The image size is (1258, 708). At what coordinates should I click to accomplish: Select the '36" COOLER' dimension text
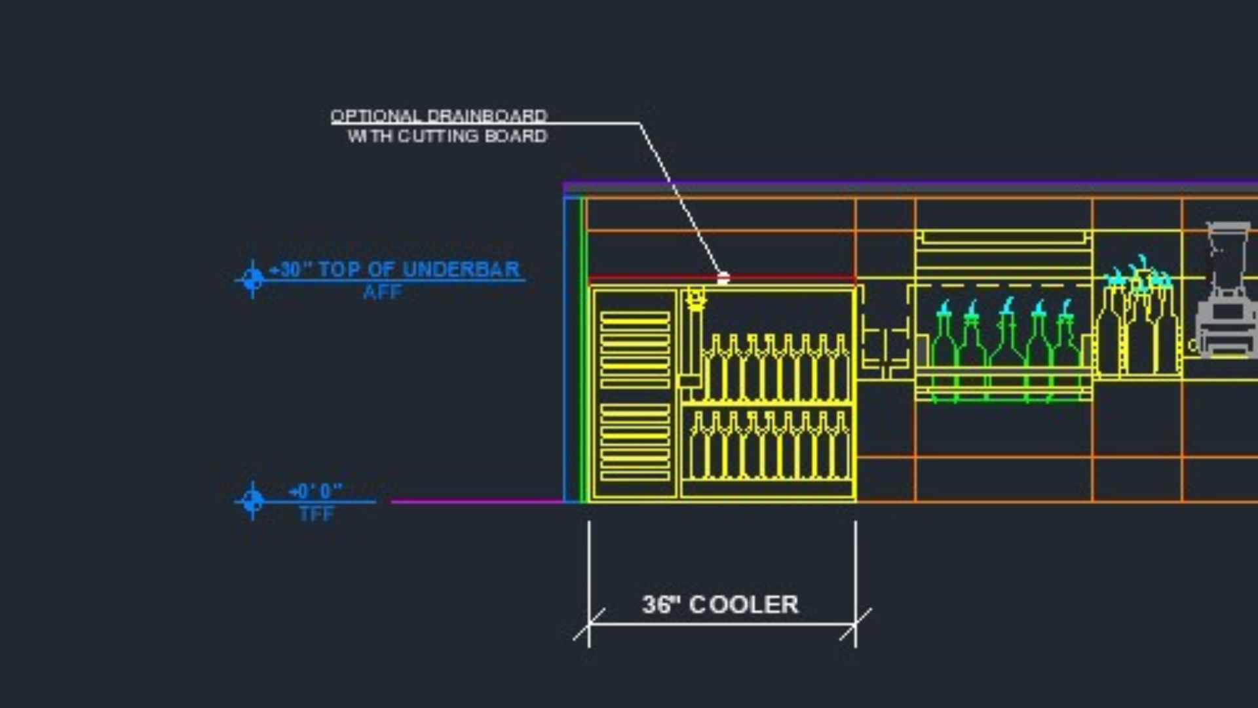[x=720, y=604]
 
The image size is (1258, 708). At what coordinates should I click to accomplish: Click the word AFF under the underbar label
[x=382, y=292]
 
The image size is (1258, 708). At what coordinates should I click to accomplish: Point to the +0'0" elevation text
[x=316, y=491]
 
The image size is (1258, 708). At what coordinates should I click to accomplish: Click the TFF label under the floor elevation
[x=316, y=514]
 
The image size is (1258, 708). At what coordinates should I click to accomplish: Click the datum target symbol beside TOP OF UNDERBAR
[x=252, y=280]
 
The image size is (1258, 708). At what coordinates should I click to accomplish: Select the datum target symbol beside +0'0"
[x=252, y=501]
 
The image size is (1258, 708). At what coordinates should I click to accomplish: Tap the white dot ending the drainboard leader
[x=723, y=279]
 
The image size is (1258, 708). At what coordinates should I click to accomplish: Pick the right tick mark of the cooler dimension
[x=856, y=624]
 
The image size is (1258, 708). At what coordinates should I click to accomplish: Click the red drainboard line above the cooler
[x=655, y=279]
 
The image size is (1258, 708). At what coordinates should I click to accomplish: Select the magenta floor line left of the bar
[x=476, y=502]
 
